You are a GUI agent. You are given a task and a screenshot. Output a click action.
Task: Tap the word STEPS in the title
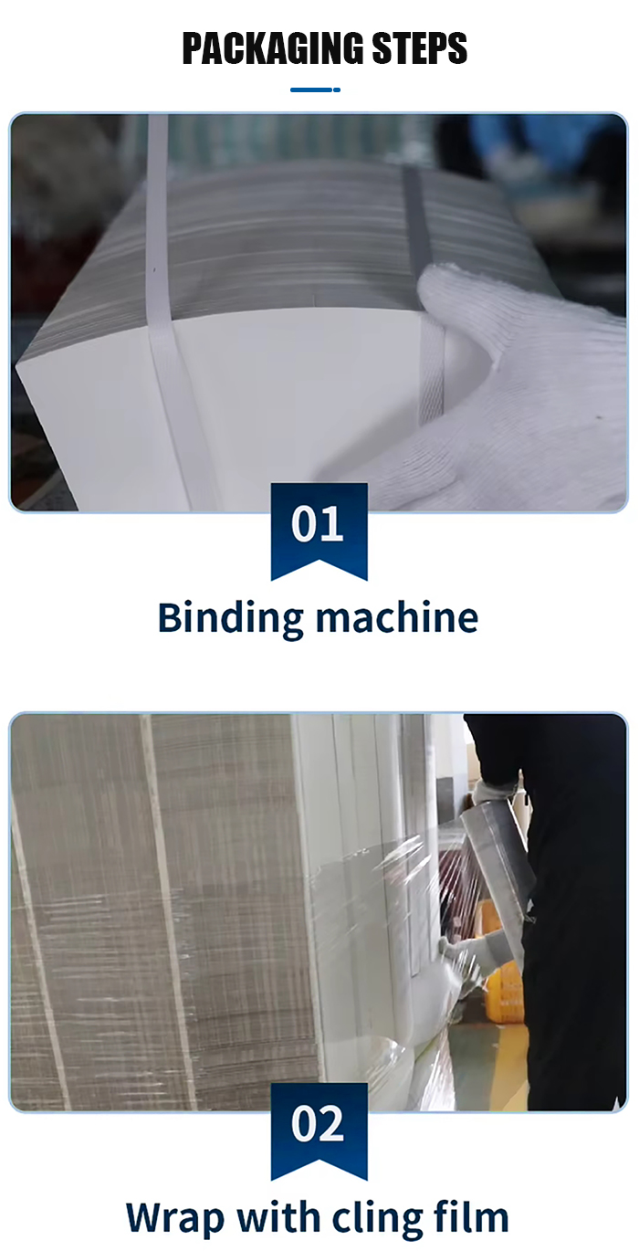click(x=420, y=48)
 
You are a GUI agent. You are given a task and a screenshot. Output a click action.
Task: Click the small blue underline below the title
click(x=315, y=89)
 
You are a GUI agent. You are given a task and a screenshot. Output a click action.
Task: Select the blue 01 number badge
click(x=319, y=531)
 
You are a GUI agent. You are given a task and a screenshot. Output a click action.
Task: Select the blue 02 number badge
click(x=319, y=1131)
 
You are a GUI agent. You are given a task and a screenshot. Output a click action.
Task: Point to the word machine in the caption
click(x=397, y=617)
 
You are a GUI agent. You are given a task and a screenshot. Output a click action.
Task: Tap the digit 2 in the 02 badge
click(x=332, y=1124)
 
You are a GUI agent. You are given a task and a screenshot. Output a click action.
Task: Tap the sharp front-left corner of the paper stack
click(x=17, y=366)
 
